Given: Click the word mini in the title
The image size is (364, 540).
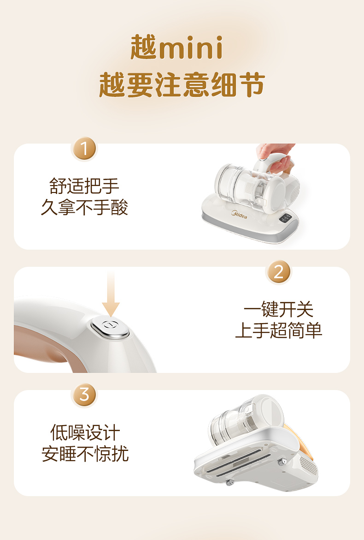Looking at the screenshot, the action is click(x=190, y=48).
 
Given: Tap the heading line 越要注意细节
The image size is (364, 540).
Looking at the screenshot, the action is click(x=182, y=85).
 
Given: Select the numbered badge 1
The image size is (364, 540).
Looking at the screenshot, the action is click(x=84, y=149).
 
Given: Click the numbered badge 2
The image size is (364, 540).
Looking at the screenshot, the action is click(x=278, y=272).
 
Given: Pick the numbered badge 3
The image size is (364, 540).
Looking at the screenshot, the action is click(x=84, y=395).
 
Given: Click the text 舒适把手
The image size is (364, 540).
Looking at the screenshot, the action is click(x=84, y=186).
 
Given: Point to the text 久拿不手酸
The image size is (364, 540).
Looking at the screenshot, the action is click(x=84, y=207).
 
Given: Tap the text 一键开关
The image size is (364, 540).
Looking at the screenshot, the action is click(x=278, y=309).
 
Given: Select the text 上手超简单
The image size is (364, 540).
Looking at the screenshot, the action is click(x=278, y=330).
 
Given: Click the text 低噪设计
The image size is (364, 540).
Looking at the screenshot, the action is click(x=85, y=432).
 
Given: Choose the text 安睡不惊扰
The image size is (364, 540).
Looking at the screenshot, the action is click(x=85, y=454).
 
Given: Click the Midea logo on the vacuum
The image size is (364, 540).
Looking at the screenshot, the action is click(x=239, y=215).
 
